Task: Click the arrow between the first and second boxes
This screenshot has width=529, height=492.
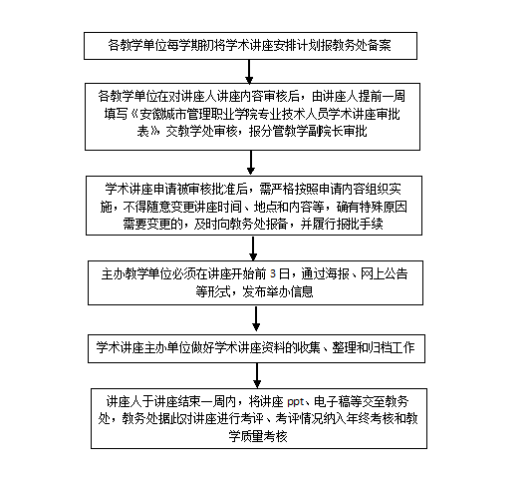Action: (249, 72)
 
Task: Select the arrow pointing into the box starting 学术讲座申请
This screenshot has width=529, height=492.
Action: (251, 163)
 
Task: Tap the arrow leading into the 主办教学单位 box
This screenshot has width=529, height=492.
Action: (253, 248)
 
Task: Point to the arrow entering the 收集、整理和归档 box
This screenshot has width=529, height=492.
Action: (256, 319)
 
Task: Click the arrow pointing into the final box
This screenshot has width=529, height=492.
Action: (257, 376)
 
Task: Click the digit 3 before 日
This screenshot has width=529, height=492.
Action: (273, 273)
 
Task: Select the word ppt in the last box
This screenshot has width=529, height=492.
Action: (296, 402)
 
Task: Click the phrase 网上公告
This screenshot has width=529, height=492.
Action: (384, 273)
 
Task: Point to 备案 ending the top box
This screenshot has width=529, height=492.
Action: (380, 45)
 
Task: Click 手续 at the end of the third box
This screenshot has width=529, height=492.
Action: (371, 224)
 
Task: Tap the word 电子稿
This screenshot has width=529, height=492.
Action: (332, 402)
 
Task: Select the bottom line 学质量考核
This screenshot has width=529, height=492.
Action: (258, 436)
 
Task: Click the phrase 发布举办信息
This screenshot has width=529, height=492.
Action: (277, 291)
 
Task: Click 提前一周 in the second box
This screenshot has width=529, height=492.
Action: (382, 96)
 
